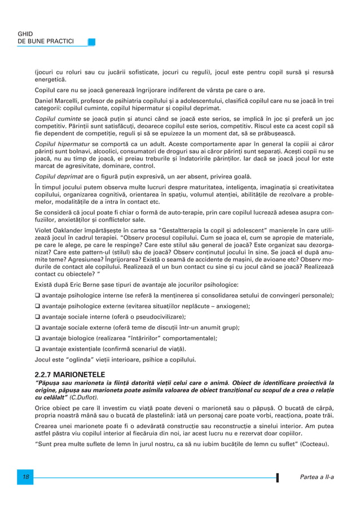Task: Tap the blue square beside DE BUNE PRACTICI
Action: pyautogui.click(x=91, y=42)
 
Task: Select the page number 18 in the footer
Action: pyautogui.click(x=25, y=477)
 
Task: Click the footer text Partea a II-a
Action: pyautogui.click(x=317, y=477)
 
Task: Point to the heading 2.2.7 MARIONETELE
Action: pyautogui.click(x=69, y=374)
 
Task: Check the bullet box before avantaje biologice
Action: pyautogui.click(x=38, y=338)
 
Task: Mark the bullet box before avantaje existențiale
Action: pyautogui.click(x=38, y=349)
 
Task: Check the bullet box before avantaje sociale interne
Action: pyautogui.click(x=38, y=317)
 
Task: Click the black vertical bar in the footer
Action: pyautogui.click(x=277, y=478)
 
